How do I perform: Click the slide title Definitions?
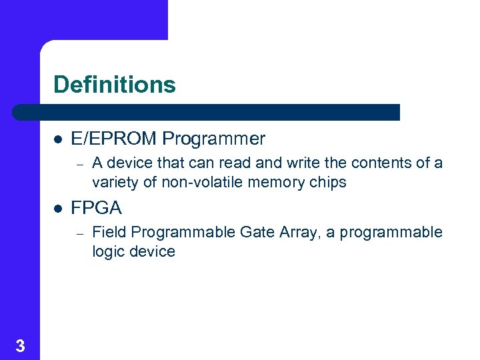click(x=114, y=85)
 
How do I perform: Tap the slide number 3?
click(x=20, y=345)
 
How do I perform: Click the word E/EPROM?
click(x=114, y=139)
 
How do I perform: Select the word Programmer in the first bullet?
click(x=213, y=139)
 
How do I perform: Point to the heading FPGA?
click(x=96, y=208)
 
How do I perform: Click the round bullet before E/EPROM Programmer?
click(x=58, y=139)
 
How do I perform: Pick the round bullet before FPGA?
click(x=58, y=209)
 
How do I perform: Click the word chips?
click(x=328, y=182)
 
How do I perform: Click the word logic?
click(x=107, y=251)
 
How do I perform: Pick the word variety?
click(x=115, y=182)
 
